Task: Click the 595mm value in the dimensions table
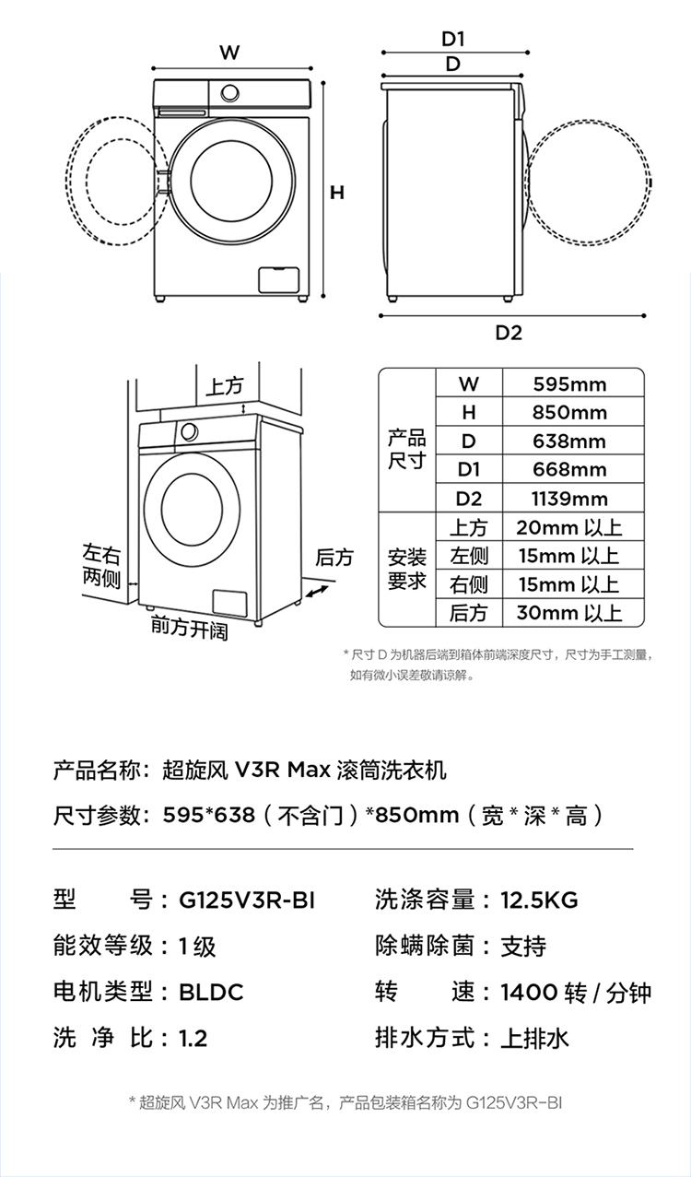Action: click(569, 384)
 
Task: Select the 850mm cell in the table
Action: click(569, 413)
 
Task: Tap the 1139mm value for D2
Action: click(569, 499)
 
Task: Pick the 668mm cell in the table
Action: click(569, 470)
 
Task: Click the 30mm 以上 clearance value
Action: click(569, 613)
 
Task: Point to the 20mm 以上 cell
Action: click(569, 528)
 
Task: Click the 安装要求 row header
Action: click(406, 570)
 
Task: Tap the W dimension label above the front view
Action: click(229, 53)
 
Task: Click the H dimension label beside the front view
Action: click(337, 193)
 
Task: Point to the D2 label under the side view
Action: click(509, 333)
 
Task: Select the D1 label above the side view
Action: click(453, 39)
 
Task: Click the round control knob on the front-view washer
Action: click(229, 93)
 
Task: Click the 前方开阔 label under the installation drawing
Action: click(189, 630)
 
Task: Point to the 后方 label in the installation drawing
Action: click(334, 558)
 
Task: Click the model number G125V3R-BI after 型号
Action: click(246, 900)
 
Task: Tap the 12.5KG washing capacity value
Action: click(539, 900)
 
